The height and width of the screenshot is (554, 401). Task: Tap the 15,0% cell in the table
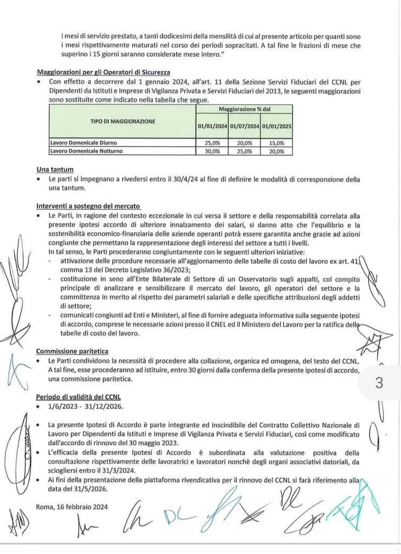coord(277,142)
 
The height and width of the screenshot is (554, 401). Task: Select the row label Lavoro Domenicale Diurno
coord(83,142)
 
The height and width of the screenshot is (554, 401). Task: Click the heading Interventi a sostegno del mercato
coord(89,206)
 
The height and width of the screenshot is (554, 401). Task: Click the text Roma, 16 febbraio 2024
coord(70,507)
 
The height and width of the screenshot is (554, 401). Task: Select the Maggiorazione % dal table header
coord(244,109)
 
